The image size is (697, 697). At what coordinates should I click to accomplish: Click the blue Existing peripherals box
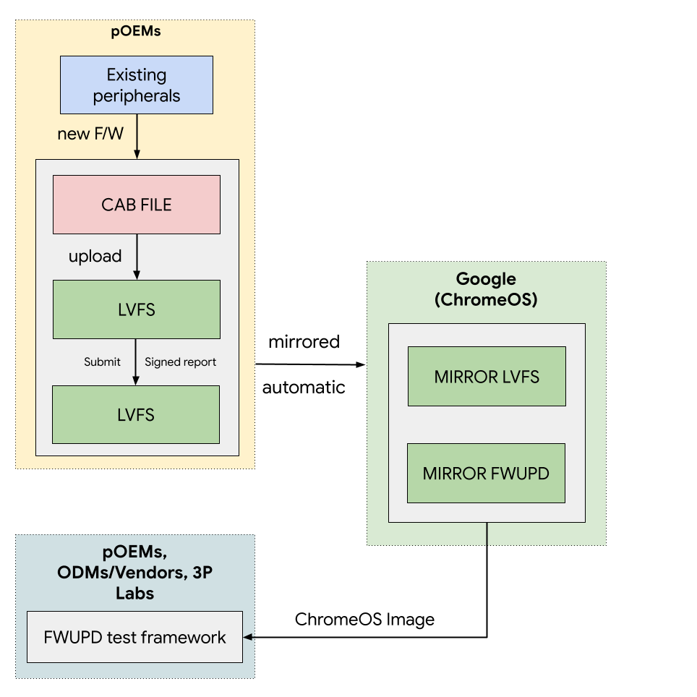(x=136, y=85)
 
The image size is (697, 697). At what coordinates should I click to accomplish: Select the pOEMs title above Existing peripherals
(x=136, y=33)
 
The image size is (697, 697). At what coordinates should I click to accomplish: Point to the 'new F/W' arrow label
(x=90, y=134)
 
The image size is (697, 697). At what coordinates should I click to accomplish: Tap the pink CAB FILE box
(x=136, y=205)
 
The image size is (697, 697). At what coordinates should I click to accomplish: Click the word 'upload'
(x=95, y=257)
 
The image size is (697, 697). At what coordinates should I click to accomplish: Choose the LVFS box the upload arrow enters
(x=136, y=309)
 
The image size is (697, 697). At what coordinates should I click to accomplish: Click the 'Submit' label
(x=102, y=362)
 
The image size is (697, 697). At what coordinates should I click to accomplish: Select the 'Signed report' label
(x=180, y=362)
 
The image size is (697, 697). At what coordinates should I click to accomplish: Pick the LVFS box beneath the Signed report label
(x=136, y=414)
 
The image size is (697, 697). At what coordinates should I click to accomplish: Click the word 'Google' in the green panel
(x=486, y=279)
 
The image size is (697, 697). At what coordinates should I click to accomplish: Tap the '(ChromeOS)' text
(x=486, y=299)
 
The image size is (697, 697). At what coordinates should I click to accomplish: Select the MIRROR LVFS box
(x=486, y=376)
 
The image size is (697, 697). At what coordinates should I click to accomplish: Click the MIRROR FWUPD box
(x=486, y=474)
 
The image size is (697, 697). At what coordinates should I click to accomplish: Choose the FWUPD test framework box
(x=134, y=637)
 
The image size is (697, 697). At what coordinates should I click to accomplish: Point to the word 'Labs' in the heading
(x=134, y=594)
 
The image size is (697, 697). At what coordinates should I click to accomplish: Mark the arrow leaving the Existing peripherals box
(x=137, y=136)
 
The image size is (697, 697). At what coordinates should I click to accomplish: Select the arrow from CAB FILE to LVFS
(x=137, y=257)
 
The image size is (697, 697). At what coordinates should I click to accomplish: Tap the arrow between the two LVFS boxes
(x=136, y=362)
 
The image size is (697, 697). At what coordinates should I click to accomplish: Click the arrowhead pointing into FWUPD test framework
(x=248, y=637)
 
